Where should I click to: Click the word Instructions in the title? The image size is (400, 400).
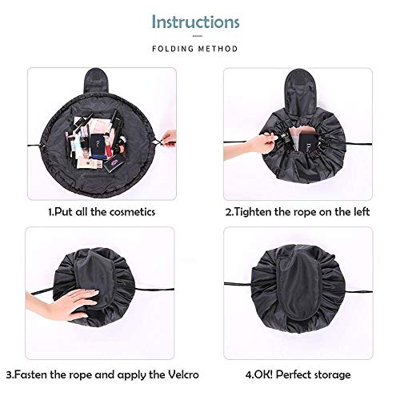point(196,22)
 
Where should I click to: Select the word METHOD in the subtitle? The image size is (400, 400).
point(218,49)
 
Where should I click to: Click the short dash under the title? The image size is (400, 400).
point(198,36)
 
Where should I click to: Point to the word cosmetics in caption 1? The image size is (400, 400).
point(132,212)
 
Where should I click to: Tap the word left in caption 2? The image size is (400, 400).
point(361,212)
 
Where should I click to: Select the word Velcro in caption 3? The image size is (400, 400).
point(183,374)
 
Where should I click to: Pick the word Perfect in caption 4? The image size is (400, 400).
point(293,374)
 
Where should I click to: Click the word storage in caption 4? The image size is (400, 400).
point(332,375)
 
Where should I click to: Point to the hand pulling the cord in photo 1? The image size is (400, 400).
point(168,138)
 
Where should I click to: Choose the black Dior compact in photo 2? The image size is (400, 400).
point(309,145)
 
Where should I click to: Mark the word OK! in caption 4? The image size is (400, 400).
point(259,374)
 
